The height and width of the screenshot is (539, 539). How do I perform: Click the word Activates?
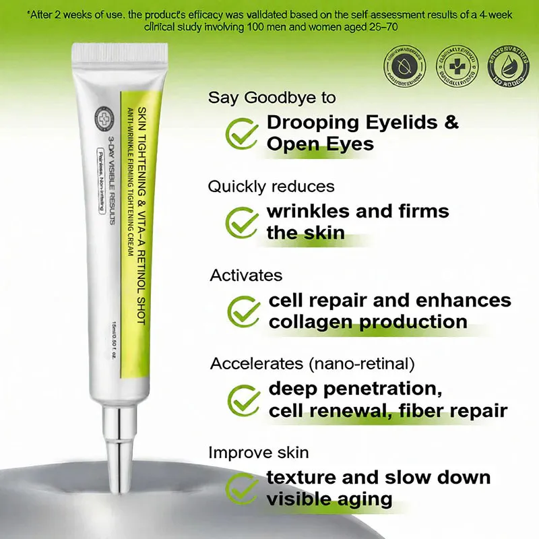click(246, 275)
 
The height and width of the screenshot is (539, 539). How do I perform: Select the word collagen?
click(309, 321)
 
